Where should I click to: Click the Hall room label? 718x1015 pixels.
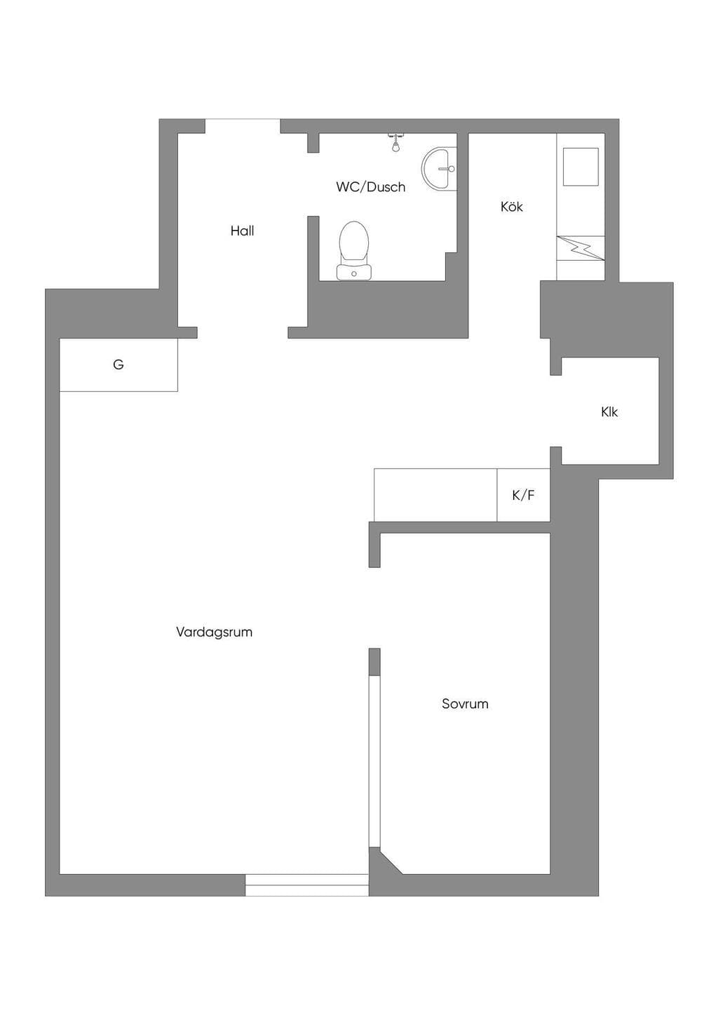pyautogui.click(x=242, y=231)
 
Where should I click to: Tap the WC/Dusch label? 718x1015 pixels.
pyautogui.click(x=371, y=187)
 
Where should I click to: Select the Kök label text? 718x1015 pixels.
pyautogui.click(x=512, y=207)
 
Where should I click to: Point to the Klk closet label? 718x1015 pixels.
pyautogui.click(x=609, y=412)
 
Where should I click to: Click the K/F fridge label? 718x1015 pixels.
pyautogui.click(x=523, y=496)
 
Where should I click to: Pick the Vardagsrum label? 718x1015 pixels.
pyautogui.click(x=214, y=632)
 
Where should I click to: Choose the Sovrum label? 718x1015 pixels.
pyautogui.click(x=465, y=704)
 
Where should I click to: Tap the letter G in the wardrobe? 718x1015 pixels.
pyautogui.click(x=118, y=365)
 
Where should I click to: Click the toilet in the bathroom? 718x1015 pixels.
pyautogui.click(x=354, y=250)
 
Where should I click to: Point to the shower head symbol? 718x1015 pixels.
pyautogui.click(x=395, y=142)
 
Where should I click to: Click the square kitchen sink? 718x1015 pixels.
pyautogui.click(x=581, y=167)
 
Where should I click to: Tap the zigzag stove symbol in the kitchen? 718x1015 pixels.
pyautogui.click(x=581, y=248)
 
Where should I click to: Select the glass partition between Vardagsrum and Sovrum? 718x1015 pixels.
pyautogui.click(x=374, y=761)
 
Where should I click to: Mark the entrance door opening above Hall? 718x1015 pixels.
pyautogui.click(x=243, y=125)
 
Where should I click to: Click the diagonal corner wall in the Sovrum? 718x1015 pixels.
pyautogui.click(x=386, y=861)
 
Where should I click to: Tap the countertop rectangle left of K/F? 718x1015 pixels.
pyautogui.click(x=435, y=495)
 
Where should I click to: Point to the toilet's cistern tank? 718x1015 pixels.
pyautogui.click(x=354, y=272)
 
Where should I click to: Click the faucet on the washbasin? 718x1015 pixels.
pyautogui.click(x=446, y=168)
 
